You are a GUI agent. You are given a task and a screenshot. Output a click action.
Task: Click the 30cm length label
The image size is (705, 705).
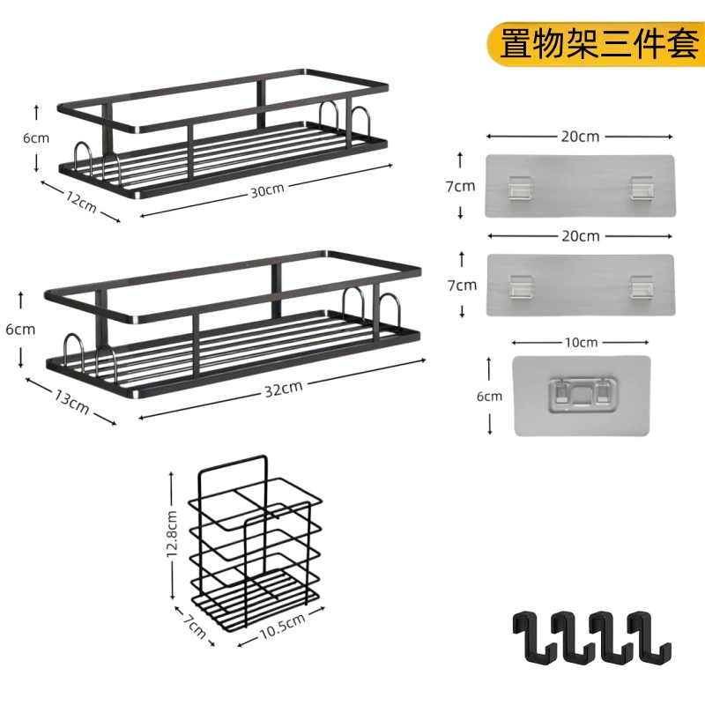[268, 190]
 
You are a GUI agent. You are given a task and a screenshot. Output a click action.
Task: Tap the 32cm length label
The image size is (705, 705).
[283, 389]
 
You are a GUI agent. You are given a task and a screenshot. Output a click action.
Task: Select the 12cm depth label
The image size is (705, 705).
[81, 201]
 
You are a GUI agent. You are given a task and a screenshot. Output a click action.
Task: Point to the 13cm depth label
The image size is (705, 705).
[72, 402]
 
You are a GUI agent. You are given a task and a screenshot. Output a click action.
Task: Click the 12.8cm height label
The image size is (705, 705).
[172, 534]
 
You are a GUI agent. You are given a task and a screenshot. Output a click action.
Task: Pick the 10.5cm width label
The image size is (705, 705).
[282, 626]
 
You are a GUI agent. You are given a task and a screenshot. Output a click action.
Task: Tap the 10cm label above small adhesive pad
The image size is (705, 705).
[581, 343]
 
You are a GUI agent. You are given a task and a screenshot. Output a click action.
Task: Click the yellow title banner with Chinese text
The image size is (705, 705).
[596, 44]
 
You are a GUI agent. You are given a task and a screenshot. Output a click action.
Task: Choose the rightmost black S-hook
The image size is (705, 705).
[649, 637]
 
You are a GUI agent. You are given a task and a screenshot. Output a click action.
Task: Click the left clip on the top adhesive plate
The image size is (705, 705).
[520, 188]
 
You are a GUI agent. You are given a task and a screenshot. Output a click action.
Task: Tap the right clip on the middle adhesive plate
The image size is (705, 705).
[642, 286]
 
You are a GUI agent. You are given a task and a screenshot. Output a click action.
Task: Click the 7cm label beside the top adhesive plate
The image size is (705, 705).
[460, 186]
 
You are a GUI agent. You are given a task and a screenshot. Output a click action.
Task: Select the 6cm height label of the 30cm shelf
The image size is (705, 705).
[36, 138]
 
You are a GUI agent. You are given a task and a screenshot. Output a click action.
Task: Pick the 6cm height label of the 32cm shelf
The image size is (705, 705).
[20, 330]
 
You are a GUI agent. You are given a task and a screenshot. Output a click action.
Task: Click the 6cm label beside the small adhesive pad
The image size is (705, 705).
[489, 397]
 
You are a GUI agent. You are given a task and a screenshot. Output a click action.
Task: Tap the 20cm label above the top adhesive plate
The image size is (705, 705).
[580, 137]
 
